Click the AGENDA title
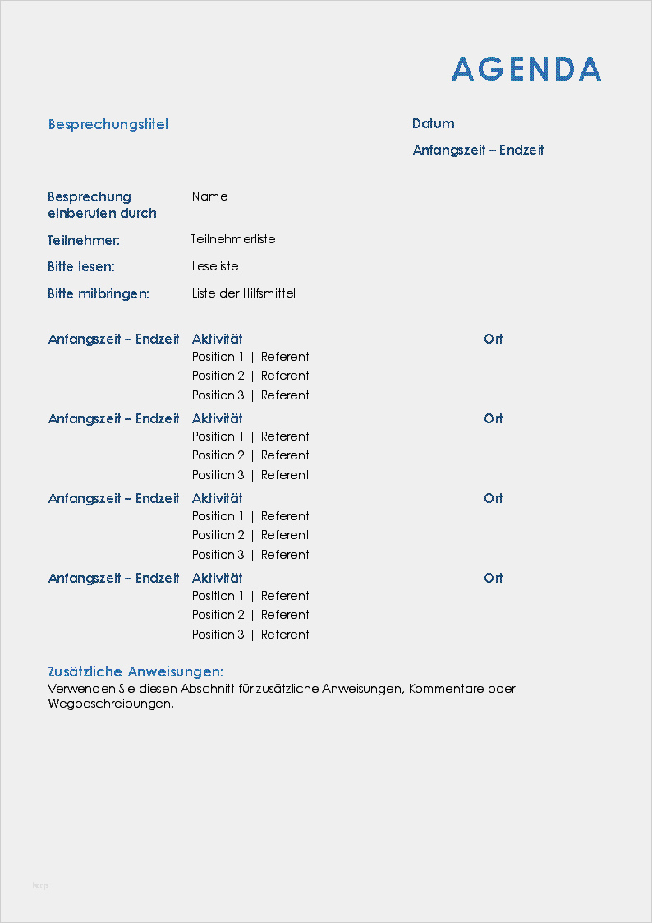(x=526, y=69)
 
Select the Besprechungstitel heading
(x=108, y=124)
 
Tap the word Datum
(x=433, y=123)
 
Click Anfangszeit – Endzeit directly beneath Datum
(x=478, y=150)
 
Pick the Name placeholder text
(x=209, y=196)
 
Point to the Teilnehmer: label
(x=84, y=240)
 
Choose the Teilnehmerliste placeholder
(x=233, y=239)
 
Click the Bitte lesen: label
(x=81, y=266)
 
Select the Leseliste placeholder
(x=215, y=266)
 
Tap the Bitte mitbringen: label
(x=99, y=293)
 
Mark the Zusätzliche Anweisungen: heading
(x=135, y=671)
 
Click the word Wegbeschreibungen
(x=111, y=704)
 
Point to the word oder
(x=502, y=689)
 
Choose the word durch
(x=138, y=213)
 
